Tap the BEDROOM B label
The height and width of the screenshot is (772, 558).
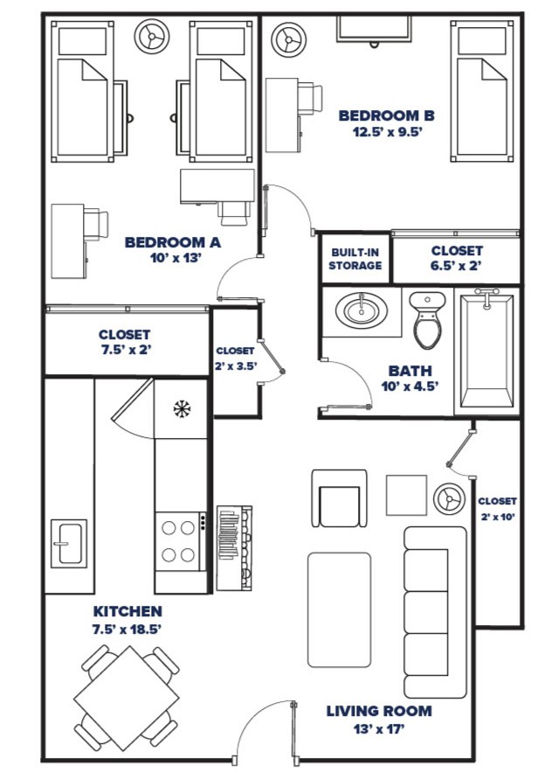(x=387, y=115)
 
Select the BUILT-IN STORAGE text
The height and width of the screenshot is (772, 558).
(x=355, y=259)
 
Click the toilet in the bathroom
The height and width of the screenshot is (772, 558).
(x=428, y=319)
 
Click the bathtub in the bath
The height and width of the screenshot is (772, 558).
(x=486, y=351)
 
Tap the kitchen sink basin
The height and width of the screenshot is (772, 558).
(x=68, y=543)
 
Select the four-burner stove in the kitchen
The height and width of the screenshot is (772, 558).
(x=179, y=540)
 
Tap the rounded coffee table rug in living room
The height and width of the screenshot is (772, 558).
(x=339, y=609)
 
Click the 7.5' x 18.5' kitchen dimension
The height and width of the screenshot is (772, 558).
(x=127, y=628)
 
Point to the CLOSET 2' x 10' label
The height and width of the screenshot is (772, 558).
(x=497, y=509)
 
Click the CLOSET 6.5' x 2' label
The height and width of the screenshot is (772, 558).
(x=456, y=258)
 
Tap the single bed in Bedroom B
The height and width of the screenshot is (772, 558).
(x=479, y=92)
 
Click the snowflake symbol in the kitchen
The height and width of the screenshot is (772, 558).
(x=182, y=407)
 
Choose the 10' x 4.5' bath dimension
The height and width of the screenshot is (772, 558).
(x=410, y=384)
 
